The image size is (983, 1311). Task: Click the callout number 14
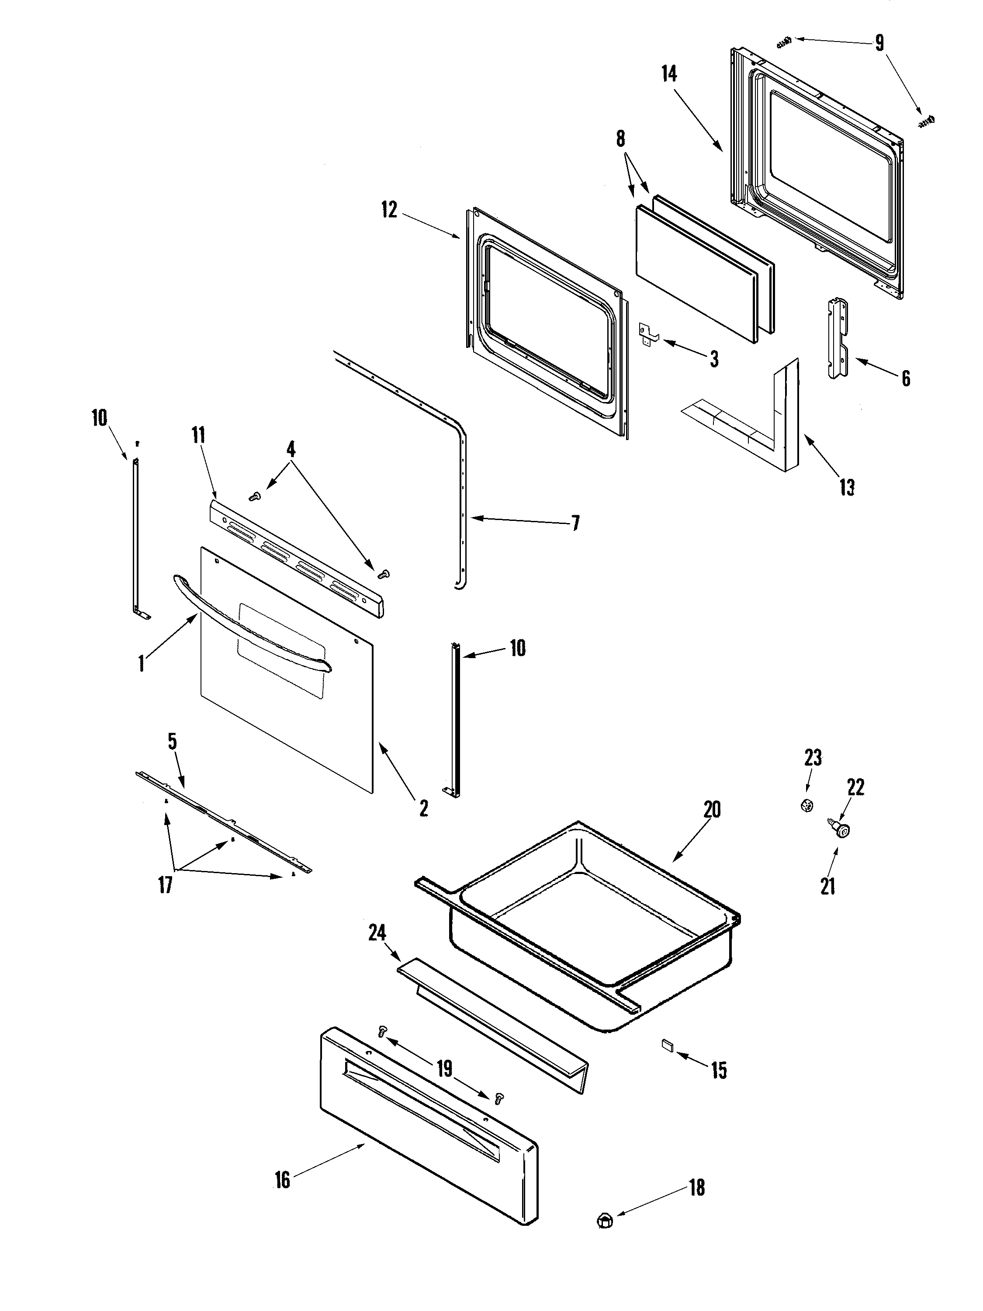(x=669, y=75)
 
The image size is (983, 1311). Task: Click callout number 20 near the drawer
(x=712, y=810)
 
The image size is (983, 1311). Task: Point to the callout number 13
(x=847, y=487)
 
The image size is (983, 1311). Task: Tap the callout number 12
(x=389, y=210)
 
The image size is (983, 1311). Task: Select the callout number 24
(x=377, y=933)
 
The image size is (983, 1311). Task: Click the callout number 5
(x=172, y=742)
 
